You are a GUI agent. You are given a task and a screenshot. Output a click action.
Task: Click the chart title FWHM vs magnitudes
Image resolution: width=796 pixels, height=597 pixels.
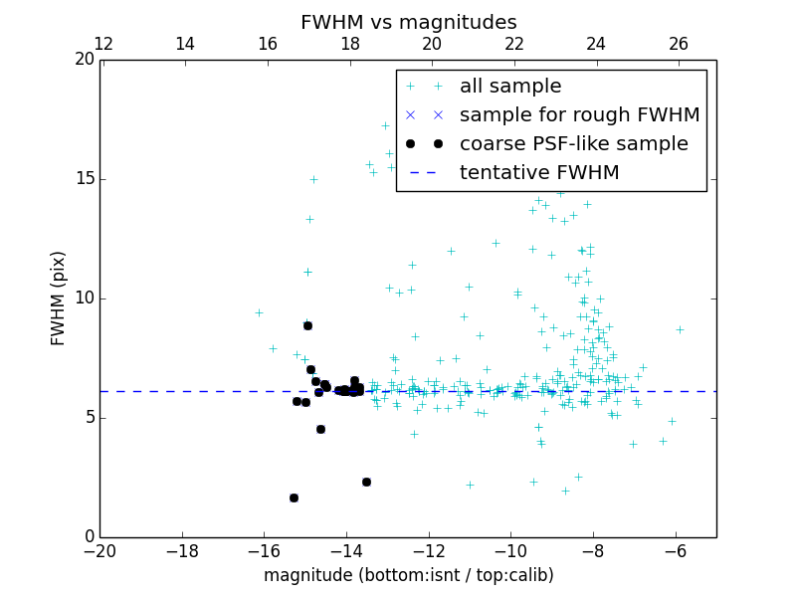tap(408, 22)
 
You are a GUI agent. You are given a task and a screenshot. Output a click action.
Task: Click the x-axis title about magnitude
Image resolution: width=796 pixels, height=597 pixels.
tap(408, 575)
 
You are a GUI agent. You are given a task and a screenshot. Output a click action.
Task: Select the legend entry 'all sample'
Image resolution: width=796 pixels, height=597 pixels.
tap(510, 87)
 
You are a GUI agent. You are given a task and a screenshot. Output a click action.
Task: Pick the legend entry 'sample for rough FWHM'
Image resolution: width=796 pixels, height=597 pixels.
tap(579, 115)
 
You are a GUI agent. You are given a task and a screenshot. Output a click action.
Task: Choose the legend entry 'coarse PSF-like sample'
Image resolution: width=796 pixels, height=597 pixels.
tap(573, 144)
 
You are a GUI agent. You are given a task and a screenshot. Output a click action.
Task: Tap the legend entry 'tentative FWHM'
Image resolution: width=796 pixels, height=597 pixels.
tap(539, 173)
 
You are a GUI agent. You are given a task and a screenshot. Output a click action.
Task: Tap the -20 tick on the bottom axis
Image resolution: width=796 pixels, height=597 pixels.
tap(99, 549)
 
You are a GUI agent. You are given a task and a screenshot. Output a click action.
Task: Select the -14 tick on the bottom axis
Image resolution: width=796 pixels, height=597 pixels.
tap(346, 549)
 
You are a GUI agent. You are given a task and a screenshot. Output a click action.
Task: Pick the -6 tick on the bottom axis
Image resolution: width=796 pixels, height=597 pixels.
tap(676, 549)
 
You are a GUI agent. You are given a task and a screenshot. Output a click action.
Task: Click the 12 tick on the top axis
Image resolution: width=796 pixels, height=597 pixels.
tap(102, 44)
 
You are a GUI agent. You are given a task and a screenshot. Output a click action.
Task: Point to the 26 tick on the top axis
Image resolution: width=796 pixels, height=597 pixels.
tap(679, 44)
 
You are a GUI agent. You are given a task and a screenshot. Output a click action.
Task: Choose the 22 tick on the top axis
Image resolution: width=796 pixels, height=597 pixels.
tap(514, 44)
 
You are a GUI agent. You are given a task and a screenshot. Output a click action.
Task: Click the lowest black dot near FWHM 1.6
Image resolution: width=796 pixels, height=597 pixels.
tap(294, 497)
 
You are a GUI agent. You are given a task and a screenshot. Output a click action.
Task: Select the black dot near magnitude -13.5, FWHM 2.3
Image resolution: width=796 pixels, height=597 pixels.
tap(366, 482)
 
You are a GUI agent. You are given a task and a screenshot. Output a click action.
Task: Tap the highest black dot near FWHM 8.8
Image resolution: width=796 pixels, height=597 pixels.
tap(307, 325)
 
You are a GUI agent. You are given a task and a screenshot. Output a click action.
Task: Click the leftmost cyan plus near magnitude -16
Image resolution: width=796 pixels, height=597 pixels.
tap(259, 312)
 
